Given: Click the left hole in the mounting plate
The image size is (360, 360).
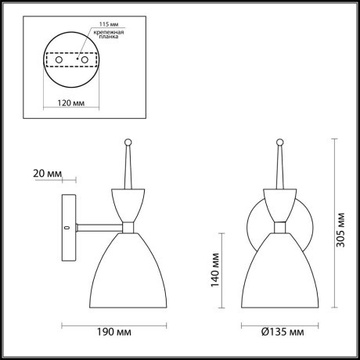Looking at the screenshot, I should coord(56,59).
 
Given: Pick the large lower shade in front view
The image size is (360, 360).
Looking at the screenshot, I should coord(282,270).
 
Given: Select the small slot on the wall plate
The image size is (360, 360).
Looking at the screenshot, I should coord(67,228).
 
